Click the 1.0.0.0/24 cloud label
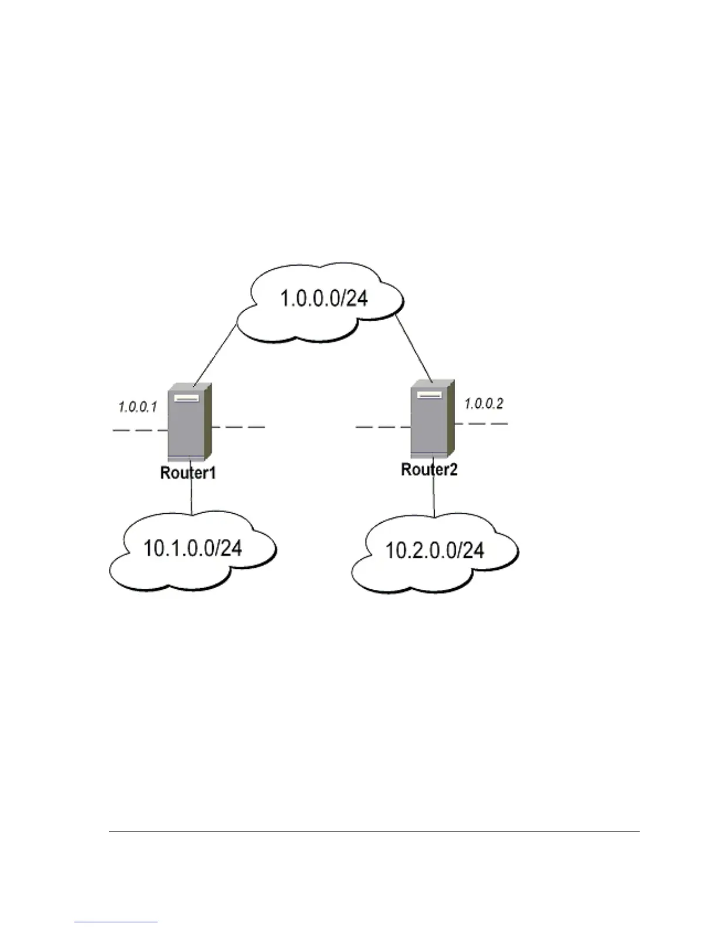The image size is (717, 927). [x=324, y=298]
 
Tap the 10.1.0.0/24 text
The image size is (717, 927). [x=193, y=548]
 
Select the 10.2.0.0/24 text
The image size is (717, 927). [x=435, y=550]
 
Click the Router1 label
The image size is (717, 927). [x=188, y=473]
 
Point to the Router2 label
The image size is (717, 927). [x=429, y=469]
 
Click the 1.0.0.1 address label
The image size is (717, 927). [x=138, y=407]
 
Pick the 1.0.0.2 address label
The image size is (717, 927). [x=484, y=404]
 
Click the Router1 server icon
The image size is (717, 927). [x=189, y=423]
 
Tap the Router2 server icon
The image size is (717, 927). [x=432, y=418]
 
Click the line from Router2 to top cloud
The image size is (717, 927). [x=414, y=348]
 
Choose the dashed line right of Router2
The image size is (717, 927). [x=480, y=423]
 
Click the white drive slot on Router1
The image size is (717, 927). [x=186, y=398]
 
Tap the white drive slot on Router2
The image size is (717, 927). [x=429, y=395]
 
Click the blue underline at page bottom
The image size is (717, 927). [x=116, y=922]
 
